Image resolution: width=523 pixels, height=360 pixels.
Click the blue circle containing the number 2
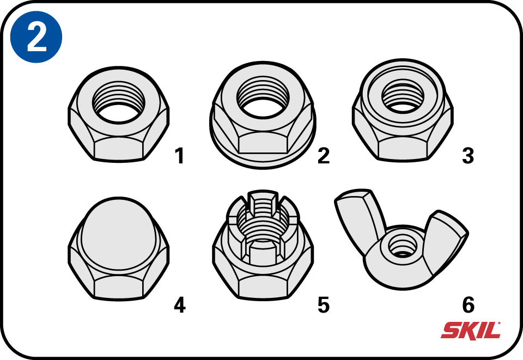pos(36,36)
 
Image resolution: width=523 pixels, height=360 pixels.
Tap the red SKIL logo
pos(471,331)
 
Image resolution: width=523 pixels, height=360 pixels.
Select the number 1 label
pos(180,156)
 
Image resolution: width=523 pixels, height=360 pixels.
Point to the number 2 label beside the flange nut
pos(324,156)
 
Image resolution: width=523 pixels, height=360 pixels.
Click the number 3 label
pos(468,156)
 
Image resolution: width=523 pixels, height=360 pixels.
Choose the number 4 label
pos(180,305)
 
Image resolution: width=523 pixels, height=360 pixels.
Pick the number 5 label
pos(324,305)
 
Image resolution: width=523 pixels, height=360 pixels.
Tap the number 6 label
pos(469,305)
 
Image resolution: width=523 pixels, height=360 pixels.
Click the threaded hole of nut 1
pos(119,102)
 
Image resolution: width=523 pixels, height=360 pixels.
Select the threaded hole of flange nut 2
pos(263,96)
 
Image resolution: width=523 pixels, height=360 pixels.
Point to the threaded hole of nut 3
pos(403,96)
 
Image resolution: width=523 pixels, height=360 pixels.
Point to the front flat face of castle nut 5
pos(263,286)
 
